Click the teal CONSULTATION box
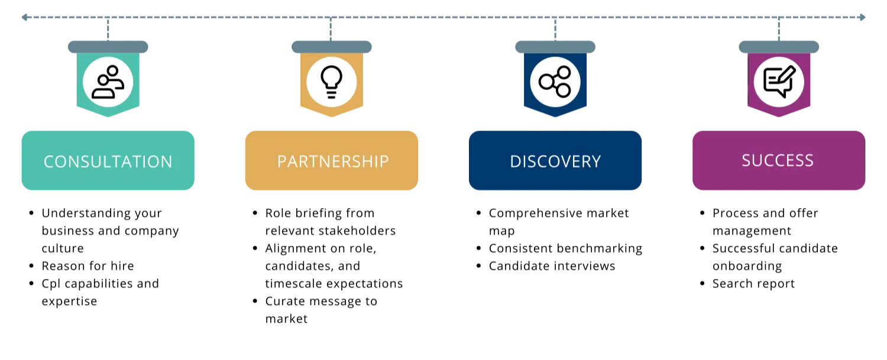[108, 160]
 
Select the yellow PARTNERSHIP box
[331, 160]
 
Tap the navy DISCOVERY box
[555, 160]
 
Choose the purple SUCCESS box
[779, 160]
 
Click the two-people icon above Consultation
[108, 82]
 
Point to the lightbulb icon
[331, 82]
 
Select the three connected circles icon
[555, 82]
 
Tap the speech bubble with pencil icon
[779, 82]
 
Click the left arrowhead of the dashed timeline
[25, 17]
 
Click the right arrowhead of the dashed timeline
[862, 17]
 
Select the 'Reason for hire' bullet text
[88, 266]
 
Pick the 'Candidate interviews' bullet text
[552, 266]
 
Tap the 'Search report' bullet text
[753, 284]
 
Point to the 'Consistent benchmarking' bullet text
[565, 248]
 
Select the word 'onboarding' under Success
[747, 266]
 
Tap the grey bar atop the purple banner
[779, 47]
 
